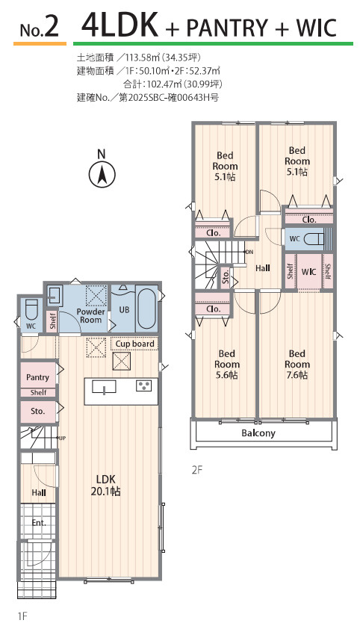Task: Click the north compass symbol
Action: pyautogui.click(x=102, y=170)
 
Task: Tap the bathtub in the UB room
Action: pyautogui.click(x=146, y=309)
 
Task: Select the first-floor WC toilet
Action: pyautogui.click(x=31, y=309)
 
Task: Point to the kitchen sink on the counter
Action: pyautogui.click(x=104, y=386)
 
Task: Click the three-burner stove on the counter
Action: pyautogui.click(x=143, y=385)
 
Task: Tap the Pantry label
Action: pyautogui.click(x=37, y=378)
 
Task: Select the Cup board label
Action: pyautogui.click(x=134, y=344)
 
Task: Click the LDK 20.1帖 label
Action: pyautogui.click(x=107, y=486)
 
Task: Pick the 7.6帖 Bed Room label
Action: pyautogui.click(x=297, y=365)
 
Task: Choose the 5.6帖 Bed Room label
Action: pyautogui.click(x=226, y=365)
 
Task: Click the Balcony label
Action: pyautogui.click(x=258, y=433)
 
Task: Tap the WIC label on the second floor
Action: pyautogui.click(x=308, y=271)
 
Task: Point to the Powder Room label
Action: pyautogui.click(x=90, y=315)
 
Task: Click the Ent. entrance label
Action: pyautogui.click(x=39, y=523)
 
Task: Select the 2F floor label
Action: pyautogui.click(x=196, y=470)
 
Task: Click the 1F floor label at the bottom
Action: pyautogui.click(x=22, y=616)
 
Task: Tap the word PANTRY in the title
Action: pyautogui.click(x=227, y=28)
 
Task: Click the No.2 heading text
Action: pyautogui.click(x=40, y=27)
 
